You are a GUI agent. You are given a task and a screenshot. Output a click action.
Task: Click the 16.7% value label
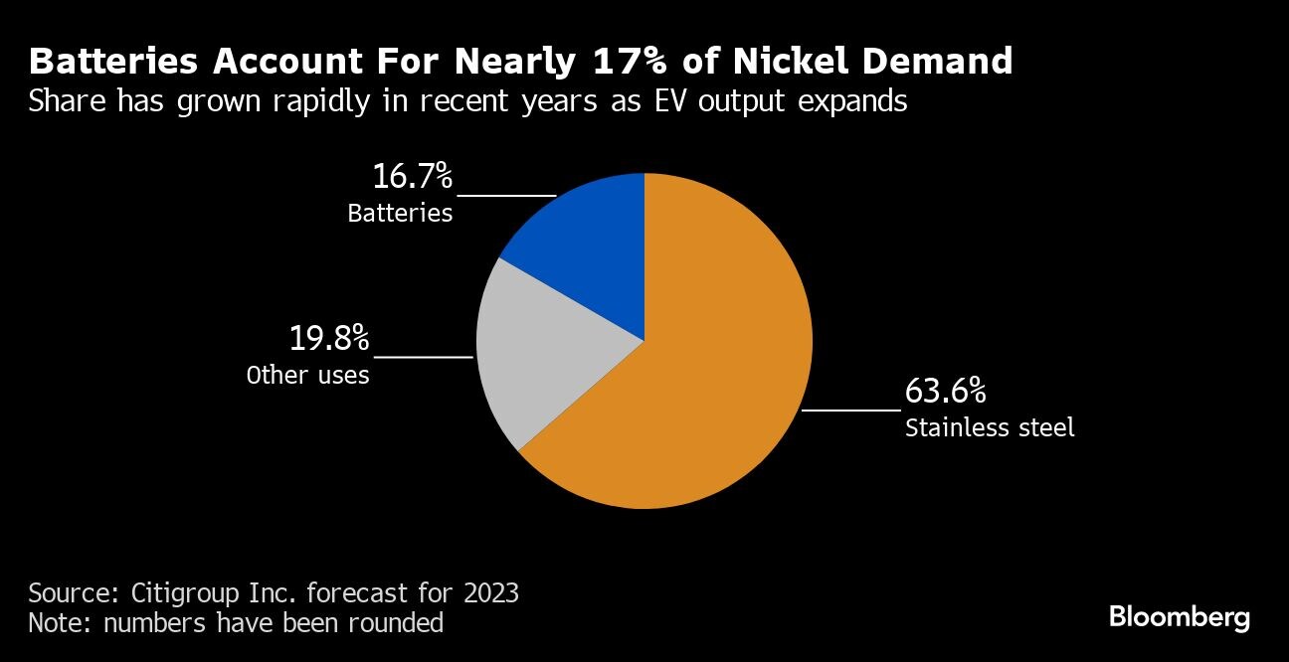point(413,177)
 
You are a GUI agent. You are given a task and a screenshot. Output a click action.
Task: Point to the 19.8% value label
point(329,338)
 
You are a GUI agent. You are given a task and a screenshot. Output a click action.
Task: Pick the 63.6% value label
point(945,391)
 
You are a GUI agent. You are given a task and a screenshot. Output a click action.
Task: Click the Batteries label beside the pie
point(400,213)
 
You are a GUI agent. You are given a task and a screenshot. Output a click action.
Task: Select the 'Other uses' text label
point(307,375)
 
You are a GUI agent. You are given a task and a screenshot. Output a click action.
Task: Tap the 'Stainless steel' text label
point(990,428)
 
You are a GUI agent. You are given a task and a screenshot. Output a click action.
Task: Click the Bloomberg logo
point(1180,617)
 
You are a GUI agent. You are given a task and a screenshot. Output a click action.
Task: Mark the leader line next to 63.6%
point(850,409)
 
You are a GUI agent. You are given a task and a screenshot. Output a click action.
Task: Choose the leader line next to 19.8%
point(422,356)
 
